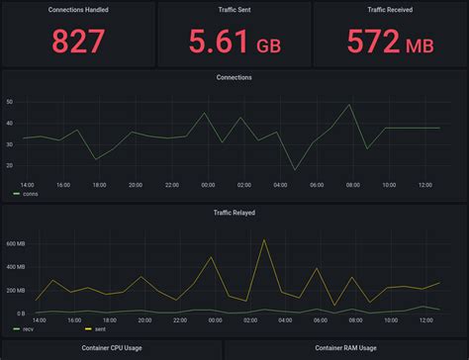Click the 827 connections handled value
pos(78,43)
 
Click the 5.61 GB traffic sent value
pos(233,43)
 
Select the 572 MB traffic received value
pos(391,43)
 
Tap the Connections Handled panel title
pos(78,10)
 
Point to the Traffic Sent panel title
pos(234,10)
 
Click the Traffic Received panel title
pos(391,10)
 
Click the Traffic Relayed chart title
pos(234,212)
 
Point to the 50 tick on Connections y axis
pos(9,102)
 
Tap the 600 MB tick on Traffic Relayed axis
pos(14,243)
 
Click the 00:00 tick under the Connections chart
pos(208,185)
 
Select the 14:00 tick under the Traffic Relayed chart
pos(40,319)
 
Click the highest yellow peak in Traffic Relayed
pos(263,239)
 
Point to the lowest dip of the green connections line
pos(295,170)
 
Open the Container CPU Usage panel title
pos(78,348)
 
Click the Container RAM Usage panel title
pos(345,348)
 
